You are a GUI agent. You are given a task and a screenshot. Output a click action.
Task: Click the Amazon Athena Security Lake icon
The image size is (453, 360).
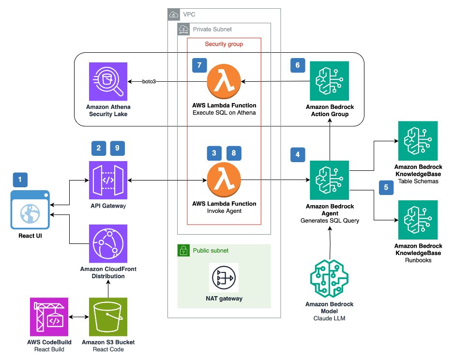pyautogui.click(x=108, y=82)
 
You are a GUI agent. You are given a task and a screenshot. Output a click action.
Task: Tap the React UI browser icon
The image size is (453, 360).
pyautogui.click(x=30, y=209)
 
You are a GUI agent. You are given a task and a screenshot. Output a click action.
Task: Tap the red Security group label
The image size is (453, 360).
pyautogui.click(x=224, y=44)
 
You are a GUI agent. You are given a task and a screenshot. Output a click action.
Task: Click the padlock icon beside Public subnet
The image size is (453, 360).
pyautogui.click(x=184, y=251)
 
